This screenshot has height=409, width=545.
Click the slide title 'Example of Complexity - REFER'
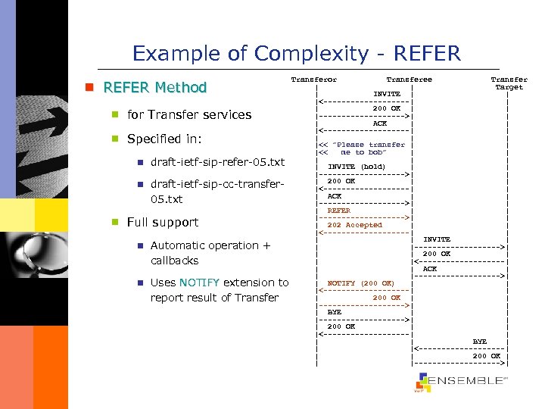(x=296, y=54)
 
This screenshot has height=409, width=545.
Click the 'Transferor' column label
(x=314, y=80)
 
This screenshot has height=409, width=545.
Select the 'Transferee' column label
(x=409, y=80)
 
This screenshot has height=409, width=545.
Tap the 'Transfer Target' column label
(x=509, y=83)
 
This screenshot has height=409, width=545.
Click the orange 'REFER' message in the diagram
(x=338, y=211)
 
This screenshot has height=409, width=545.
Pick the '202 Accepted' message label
(x=354, y=225)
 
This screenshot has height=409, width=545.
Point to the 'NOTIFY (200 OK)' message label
(x=360, y=283)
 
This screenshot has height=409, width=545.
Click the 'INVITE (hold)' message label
(x=356, y=167)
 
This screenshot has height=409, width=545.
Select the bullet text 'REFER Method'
(x=154, y=87)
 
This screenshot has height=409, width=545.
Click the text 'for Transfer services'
(x=189, y=115)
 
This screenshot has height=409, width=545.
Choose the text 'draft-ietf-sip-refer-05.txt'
(x=217, y=162)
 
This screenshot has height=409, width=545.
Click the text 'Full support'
(x=163, y=223)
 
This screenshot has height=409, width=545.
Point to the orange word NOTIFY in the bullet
(x=199, y=283)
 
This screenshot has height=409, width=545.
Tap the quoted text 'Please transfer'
(x=370, y=145)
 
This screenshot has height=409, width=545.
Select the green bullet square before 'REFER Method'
(x=89, y=88)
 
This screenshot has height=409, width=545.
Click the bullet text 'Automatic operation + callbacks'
(x=210, y=253)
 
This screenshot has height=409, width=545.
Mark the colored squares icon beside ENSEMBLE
(x=422, y=383)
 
